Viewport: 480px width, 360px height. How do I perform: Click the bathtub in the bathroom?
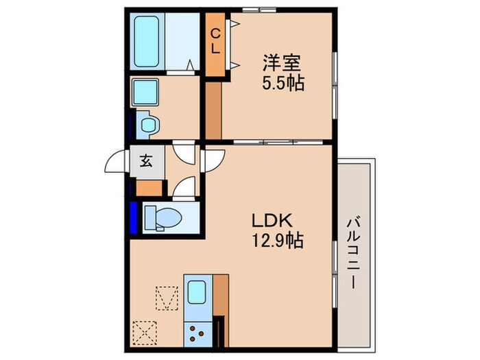point(147,42)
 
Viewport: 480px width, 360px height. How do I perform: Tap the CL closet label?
point(216,41)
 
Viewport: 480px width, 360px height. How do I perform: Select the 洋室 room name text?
point(281,64)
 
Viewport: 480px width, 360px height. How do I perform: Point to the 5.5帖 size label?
point(283,82)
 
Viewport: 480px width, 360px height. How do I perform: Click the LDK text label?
point(272,220)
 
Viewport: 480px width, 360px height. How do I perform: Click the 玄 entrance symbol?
point(146,160)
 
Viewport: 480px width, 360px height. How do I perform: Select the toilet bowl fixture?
point(163,217)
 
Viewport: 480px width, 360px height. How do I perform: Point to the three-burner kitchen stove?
point(197,334)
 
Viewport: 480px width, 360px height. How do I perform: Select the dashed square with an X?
point(145,333)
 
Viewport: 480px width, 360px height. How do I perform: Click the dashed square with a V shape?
point(167,298)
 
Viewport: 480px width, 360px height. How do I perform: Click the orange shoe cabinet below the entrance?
point(149,188)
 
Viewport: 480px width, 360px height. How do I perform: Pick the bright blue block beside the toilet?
point(133,217)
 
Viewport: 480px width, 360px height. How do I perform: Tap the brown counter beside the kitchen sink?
point(221,296)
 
